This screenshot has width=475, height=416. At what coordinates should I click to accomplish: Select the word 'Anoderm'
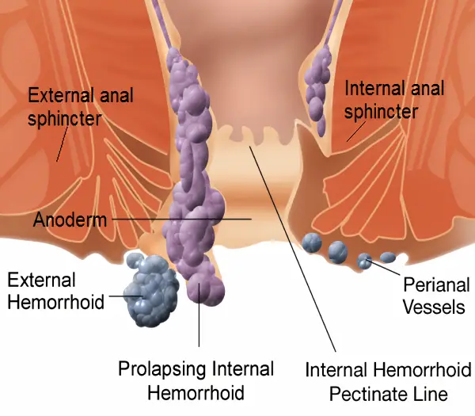point(69,219)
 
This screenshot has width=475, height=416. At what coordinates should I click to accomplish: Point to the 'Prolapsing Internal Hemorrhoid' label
point(196,380)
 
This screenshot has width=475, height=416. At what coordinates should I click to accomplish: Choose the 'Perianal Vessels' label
point(435,295)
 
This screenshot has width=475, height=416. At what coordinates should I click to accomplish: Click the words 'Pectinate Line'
point(389,393)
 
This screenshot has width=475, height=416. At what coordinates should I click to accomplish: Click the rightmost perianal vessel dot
point(387,257)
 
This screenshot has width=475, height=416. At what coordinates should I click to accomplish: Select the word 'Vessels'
point(435,306)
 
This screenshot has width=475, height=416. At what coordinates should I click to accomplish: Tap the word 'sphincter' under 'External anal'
point(63,119)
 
